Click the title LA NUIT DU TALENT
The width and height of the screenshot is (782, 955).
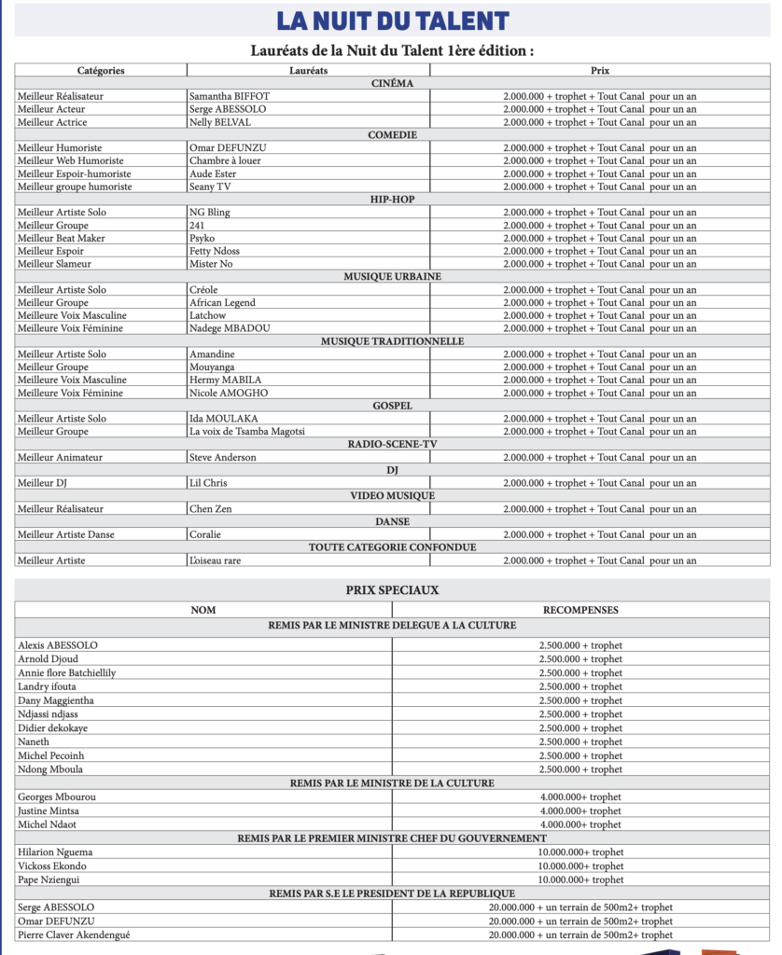coord(392,21)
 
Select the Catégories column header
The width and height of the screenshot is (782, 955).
coord(101,70)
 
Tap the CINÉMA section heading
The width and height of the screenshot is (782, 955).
coord(392,83)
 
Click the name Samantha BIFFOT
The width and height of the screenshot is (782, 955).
coord(229,96)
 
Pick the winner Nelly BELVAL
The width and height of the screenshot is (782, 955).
coord(220,122)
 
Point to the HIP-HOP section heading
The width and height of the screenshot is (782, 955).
coord(392,200)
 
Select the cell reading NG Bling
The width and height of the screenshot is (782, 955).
coord(209,213)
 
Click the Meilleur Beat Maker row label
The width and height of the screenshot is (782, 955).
coord(62,238)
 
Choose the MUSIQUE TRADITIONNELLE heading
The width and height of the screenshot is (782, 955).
coord(392,341)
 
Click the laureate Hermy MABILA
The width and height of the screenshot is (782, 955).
coord(225,380)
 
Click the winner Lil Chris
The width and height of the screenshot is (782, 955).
coord(208,483)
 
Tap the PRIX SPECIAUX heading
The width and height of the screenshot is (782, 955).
coord(392,590)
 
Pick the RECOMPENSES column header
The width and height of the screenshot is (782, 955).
coord(580,610)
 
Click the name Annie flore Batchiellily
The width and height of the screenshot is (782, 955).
coord(67,672)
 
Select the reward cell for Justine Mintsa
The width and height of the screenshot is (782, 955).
coord(580,811)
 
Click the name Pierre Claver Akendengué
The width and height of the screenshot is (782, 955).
coord(77,934)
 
